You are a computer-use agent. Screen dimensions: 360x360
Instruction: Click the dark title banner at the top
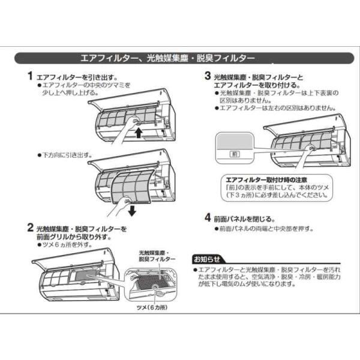click(x=179, y=58)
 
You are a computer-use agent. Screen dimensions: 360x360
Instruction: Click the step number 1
click(x=29, y=77)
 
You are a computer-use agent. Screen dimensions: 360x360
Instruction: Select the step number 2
click(x=29, y=229)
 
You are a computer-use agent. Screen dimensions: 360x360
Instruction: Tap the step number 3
click(x=207, y=77)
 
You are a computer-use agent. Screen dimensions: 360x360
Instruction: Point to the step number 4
click(x=207, y=218)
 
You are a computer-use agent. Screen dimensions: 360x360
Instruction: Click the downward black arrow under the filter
click(x=132, y=211)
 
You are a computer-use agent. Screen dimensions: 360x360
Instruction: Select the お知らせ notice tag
click(x=206, y=259)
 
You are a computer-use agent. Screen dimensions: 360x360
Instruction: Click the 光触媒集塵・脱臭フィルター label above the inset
click(x=157, y=256)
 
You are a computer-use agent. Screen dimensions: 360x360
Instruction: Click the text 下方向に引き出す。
click(x=67, y=155)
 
